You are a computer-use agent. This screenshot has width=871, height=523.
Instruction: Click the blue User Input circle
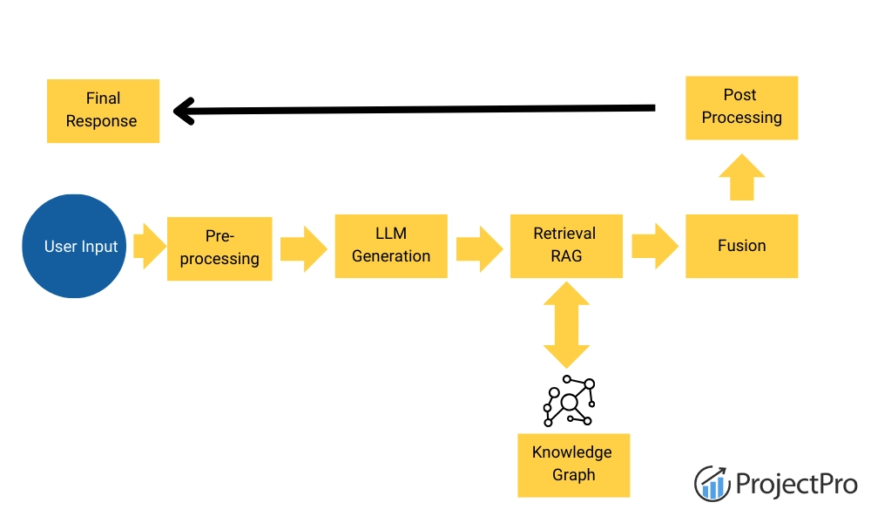coord(76,247)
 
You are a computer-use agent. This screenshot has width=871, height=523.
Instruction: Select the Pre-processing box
coord(219,248)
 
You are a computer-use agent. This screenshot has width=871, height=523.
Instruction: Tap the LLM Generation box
coord(391,246)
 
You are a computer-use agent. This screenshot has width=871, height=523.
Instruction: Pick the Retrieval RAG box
coord(565,246)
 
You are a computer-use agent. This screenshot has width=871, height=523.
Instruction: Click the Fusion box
coord(741,246)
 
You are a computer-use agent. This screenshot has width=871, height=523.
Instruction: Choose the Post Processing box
coord(741,107)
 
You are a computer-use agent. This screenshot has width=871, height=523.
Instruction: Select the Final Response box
coord(103,111)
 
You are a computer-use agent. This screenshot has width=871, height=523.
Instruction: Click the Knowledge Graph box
coord(572,465)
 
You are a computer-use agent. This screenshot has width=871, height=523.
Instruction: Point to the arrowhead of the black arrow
coord(181,111)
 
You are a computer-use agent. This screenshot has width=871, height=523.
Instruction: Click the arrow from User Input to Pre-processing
coord(149,246)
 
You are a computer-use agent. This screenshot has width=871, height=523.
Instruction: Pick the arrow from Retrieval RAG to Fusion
coord(654,246)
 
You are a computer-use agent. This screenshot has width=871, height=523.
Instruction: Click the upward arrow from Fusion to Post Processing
coord(741,178)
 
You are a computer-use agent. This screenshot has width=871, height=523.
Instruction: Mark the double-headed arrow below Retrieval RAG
coord(566,324)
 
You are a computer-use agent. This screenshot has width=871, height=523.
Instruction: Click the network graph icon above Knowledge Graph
coord(569,401)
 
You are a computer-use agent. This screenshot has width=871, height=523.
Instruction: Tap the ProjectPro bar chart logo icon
coord(712,483)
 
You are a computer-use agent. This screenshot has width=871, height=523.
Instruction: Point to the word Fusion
coord(741,246)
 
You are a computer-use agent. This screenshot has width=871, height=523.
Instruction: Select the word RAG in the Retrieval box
coord(565,256)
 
